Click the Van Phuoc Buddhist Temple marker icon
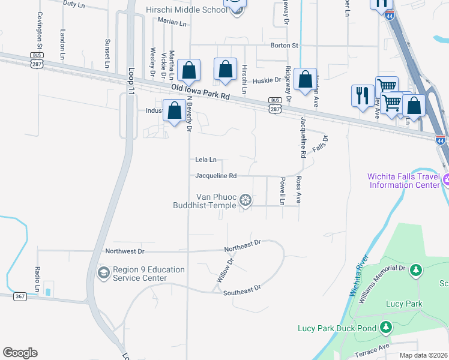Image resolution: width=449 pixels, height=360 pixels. pyautogui.click(x=245, y=200)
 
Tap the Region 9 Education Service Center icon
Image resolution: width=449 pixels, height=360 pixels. pyautogui.click(x=103, y=274)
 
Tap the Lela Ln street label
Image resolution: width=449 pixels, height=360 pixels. pyautogui.click(x=206, y=160)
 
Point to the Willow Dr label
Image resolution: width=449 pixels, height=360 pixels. pyautogui.click(x=224, y=272)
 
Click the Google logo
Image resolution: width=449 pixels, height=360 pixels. pyautogui.click(x=20, y=353)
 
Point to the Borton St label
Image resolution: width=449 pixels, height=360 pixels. pyautogui.click(x=284, y=46)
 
